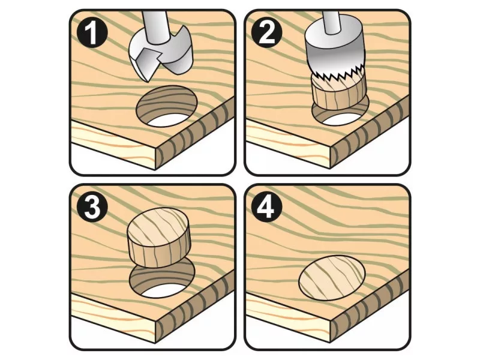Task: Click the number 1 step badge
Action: [92, 33]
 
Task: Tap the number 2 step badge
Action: [266, 33]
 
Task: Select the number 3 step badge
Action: [92, 207]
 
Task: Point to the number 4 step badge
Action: [266, 207]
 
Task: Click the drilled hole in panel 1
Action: [166, 106]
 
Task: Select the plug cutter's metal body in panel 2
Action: [334, 52]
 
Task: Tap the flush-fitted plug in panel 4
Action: [332, 277]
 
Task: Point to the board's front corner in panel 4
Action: [331, 322]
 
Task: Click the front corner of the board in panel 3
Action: [156, 322]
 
